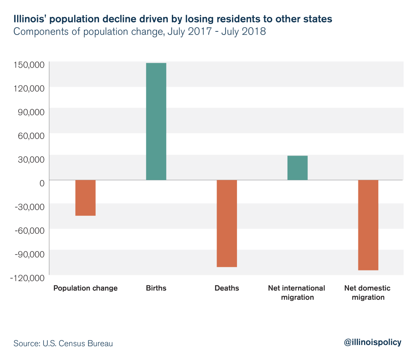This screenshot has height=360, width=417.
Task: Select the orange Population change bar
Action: click(x=86, y=198)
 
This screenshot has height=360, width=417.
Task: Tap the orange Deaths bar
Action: click(x=227, y=223)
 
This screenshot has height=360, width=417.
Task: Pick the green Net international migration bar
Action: click(x=297, y=168)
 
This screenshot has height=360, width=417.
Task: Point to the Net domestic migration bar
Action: click(x=368, y=225)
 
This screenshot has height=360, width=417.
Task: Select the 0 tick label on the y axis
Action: click(x=42, y=183)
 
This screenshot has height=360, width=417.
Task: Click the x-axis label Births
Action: click(x=156, y=288)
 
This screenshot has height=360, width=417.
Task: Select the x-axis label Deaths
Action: click(x=227, y=288)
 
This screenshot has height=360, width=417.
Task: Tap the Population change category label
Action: click(x=86, y=288)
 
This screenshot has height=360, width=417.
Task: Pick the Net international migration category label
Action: click(x=296, y=292)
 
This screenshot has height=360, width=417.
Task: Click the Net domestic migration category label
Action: click(x=367, y=292)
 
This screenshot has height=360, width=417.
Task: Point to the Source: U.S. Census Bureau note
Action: click(x=63, y=343)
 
